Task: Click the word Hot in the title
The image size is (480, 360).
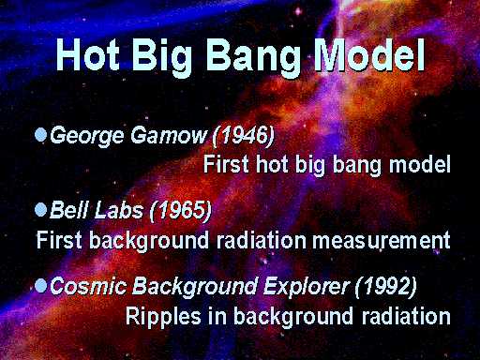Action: tap(88, 54)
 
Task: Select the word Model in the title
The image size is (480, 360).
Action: tap(369, 54)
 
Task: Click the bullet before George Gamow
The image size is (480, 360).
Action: tap(40, 135)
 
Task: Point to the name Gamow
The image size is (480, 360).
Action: tap(169, 135)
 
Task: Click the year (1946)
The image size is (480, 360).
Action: tap(243, 136)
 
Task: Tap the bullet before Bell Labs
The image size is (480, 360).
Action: tap(40, 210)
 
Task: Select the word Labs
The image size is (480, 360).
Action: tap(119, 210)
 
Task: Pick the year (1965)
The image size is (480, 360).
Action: tap(180, 210)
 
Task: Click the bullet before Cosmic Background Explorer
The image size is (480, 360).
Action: tap(40, 285)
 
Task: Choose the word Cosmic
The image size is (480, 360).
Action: tap(88, 286)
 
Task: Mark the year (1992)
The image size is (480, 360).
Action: tap(385, 286)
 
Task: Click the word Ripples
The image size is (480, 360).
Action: tap(163, 317)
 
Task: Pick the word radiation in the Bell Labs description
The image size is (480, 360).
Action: tap(261, 240)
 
